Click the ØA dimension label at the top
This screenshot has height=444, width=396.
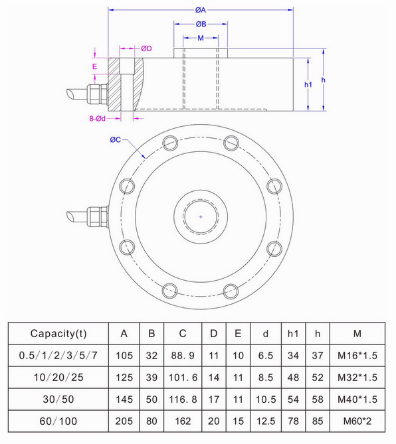click(200, 11)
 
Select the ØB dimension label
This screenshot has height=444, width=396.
click(201, 24)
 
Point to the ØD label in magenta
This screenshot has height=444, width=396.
click(146, 48)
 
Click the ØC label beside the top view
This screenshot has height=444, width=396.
click(115, 139)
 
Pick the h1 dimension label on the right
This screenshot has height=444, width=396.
click(308, 84)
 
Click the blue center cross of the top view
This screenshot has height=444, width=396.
click(201, 216)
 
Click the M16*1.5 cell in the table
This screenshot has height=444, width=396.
click(357, 355)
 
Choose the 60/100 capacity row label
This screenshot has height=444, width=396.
click(58, 421)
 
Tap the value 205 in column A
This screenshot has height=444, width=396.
click(124, 421)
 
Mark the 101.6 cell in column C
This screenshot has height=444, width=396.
click(181, 377)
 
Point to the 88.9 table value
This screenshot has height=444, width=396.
click(181, 355)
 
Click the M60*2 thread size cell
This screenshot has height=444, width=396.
click(357, 421)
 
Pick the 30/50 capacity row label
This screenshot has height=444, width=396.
click(58, 400)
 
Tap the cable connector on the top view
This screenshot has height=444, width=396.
click(93, 216)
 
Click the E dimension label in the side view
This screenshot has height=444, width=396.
click(95, 66)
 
